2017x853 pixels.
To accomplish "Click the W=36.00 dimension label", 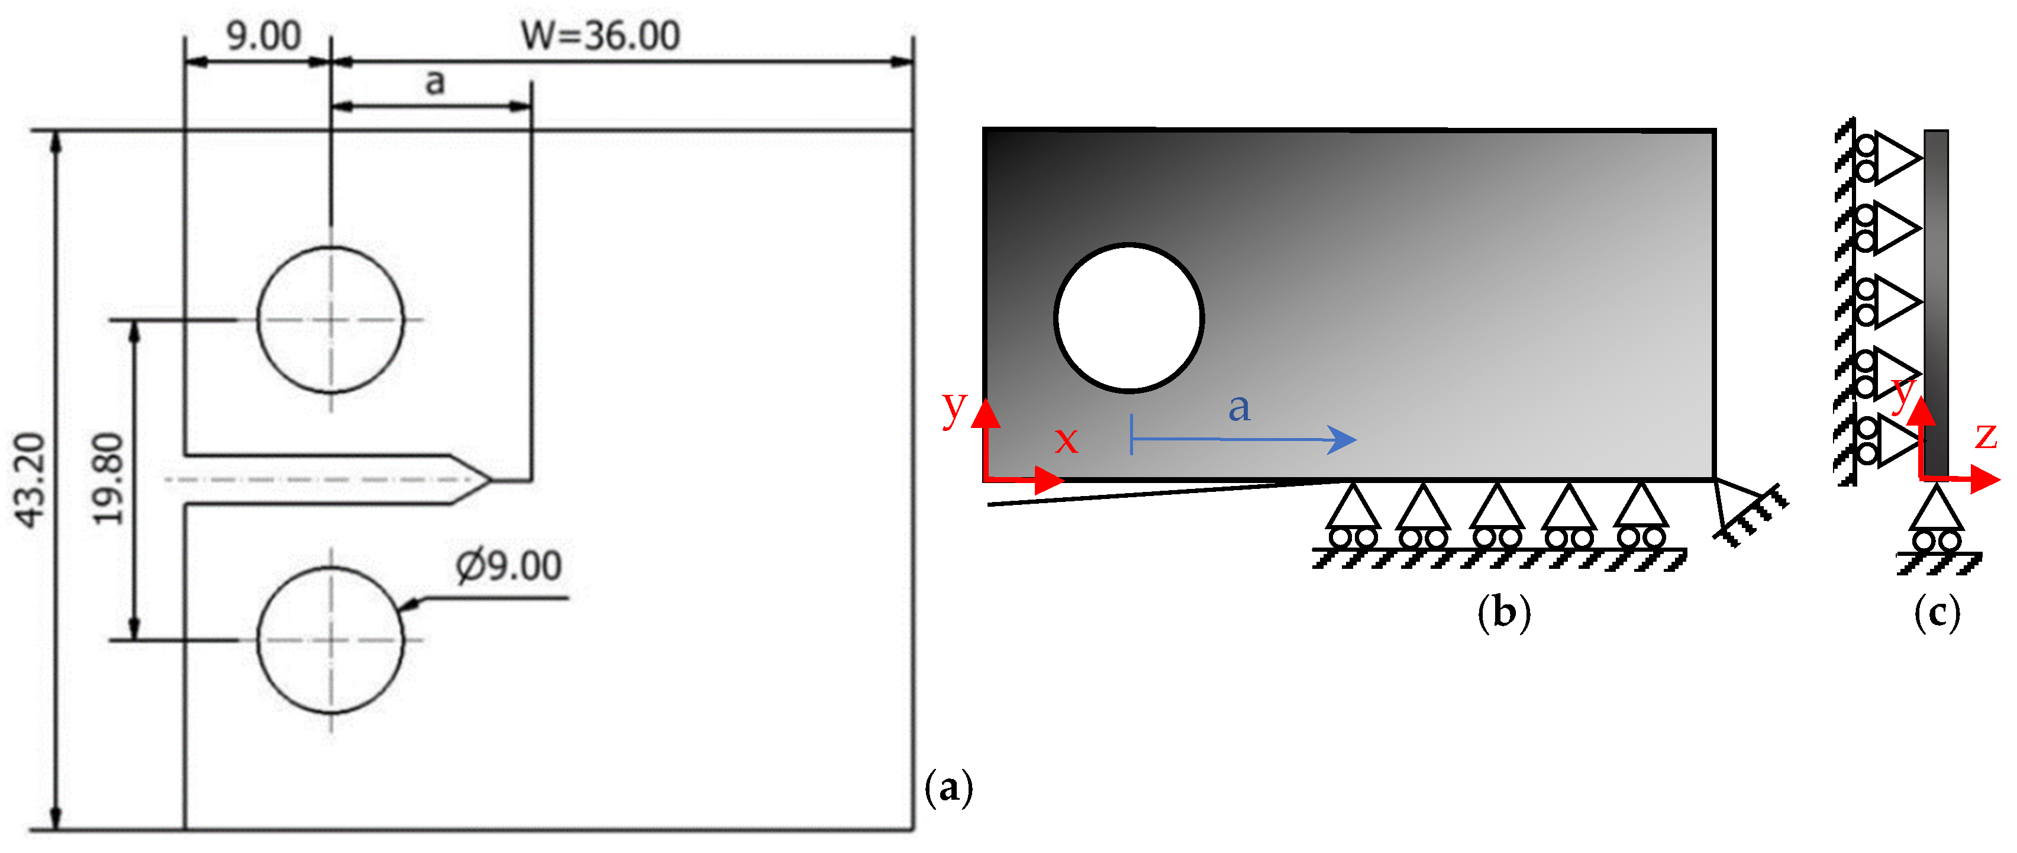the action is click(601, 36).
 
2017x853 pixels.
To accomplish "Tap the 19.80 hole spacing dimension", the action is click(108, 479).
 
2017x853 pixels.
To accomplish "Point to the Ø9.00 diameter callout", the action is click(509, 565).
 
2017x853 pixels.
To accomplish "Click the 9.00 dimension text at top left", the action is click(263, 36).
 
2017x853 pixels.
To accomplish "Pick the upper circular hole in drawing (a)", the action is click(330, 319).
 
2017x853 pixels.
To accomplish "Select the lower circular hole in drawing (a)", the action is click(330, 640).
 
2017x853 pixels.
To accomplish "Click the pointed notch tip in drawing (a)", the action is click(489, 479).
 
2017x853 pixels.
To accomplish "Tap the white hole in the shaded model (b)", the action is click(1128, 317).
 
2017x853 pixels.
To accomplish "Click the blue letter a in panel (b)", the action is click(1239, 407).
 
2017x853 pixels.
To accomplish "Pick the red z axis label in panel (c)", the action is click(1986, 436).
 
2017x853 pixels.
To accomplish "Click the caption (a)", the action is click(948, 787).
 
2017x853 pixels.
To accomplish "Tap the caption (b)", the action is click(1503, 611).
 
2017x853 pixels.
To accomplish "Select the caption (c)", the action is click(1937, 611).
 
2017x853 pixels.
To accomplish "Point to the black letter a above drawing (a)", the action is click(434, 82).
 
